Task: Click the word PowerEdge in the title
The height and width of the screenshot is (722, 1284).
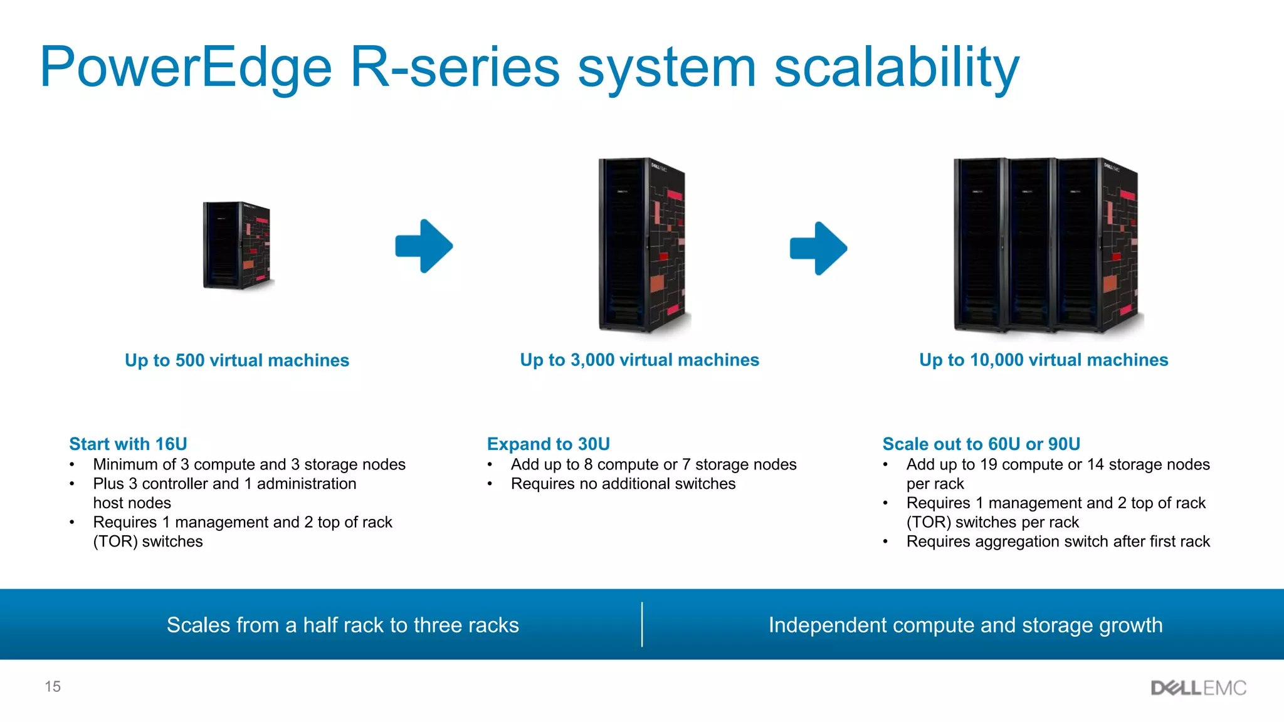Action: [x=186, y=68]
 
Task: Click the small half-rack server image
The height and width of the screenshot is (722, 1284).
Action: [x=237, y=245]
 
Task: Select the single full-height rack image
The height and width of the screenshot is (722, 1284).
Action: [x=642, y=245]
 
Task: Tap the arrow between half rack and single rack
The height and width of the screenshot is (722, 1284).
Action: [x=424, y=246]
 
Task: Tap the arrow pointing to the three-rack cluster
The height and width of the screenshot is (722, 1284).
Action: [x=818, y=248]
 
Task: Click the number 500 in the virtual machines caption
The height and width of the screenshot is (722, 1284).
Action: [x=190, y=360]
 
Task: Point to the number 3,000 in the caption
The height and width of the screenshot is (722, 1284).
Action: [x=592, y=360]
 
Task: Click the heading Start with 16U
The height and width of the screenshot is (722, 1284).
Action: [x=128, y=444]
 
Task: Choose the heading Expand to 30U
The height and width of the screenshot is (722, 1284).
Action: [x=548, y=444]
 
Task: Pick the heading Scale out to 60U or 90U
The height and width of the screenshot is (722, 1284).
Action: [x=981, y=444]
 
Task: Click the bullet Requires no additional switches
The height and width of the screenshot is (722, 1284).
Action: [x=623, y=484]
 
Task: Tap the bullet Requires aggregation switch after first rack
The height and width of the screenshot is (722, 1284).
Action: [x=1058, y=541]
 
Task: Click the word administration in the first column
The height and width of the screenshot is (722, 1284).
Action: [x=306, y=484]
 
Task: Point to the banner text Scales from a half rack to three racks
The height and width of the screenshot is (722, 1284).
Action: [x=342, y=625]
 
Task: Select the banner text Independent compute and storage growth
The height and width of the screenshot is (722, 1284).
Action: [x=966, y=625]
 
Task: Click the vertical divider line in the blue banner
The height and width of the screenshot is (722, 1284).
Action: [x=642, y=624]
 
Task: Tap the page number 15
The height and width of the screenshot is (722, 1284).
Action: [x=53, y=686]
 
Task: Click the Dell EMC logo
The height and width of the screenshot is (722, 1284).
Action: [x=1198, y=688]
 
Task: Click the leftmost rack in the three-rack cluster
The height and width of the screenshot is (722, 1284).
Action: [x=979, y=245]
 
